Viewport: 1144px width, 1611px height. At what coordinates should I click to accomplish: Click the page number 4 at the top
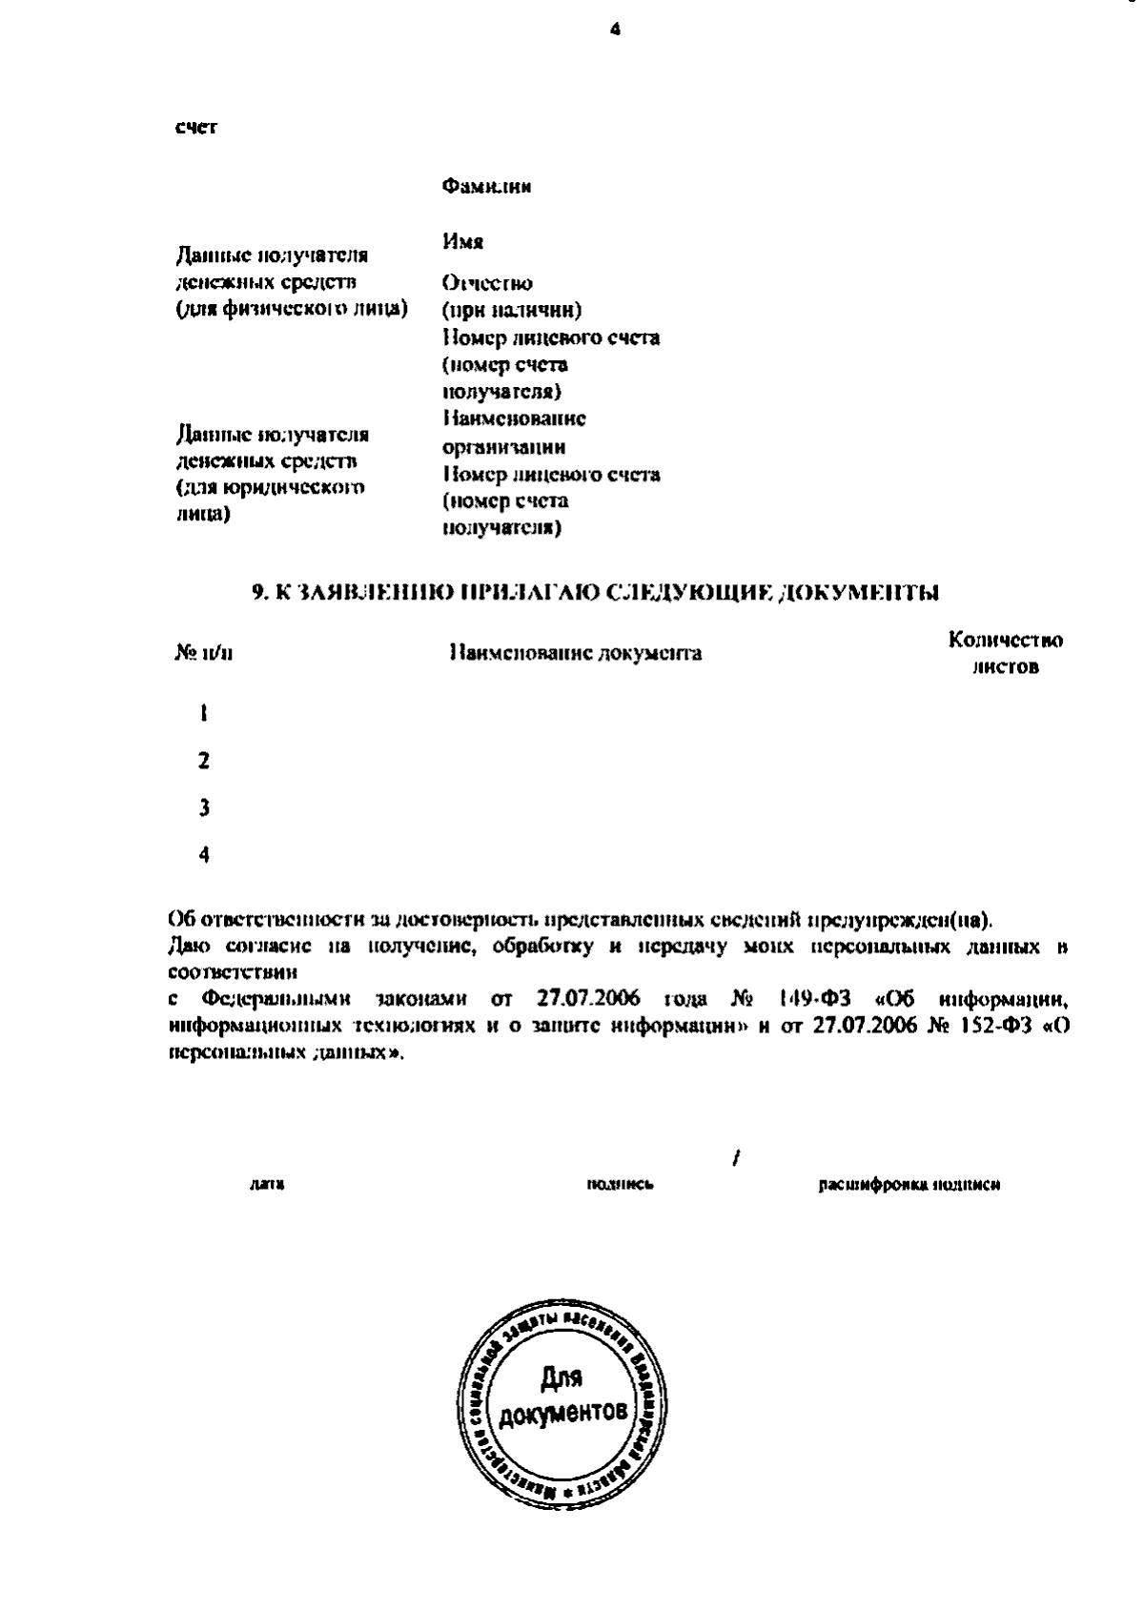[615, 30]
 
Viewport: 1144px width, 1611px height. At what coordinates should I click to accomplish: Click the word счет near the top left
[194, 129]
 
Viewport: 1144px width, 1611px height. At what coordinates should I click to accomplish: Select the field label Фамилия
[486, 187]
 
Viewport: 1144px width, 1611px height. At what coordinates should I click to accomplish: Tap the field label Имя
[462, 242]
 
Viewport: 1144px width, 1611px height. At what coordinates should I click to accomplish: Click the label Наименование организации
[514, 433]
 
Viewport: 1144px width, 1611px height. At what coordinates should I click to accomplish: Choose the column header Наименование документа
[575, 654]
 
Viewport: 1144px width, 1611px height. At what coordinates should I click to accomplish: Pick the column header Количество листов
[1006, 654]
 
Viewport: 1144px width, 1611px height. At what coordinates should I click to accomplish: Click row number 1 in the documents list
[203, 714]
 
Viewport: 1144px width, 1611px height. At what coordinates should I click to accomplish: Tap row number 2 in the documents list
[203, 761]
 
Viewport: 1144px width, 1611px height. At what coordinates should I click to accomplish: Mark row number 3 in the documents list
[203, 808]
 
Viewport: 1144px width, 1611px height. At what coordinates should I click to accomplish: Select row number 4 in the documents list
[203, 855]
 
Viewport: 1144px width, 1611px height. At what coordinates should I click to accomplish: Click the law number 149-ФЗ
[811, 1000]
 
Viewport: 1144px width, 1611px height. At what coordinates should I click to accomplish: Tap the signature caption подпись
[620, 1185]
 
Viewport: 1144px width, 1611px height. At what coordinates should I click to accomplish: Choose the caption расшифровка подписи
[909, 1185]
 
